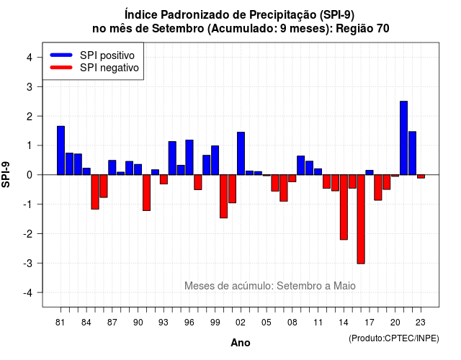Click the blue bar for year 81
(x=61, y=150)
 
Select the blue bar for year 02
(x=241, y=153)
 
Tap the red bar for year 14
(x=344, y=207)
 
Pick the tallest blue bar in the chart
(x=403, y=138)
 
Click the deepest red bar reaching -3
(x=361, y=219)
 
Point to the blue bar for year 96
(x=189, y=157)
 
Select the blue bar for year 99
(x=215, y=160)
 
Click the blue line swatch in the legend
(x=61, y=55)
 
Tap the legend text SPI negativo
(x=109, y=68)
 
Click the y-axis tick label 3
(x=30, y=87)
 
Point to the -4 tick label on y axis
(x=28, y=293)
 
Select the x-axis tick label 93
(x=164, y=323)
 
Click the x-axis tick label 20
(x=395, y=323)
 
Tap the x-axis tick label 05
(x=267, y=323)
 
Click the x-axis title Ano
(x=241, y=343)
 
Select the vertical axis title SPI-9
(x=6, y=174)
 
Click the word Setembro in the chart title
(x=178, y=29)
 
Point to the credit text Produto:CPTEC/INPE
(x=394, y=338)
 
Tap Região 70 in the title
(x=362, y=29)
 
